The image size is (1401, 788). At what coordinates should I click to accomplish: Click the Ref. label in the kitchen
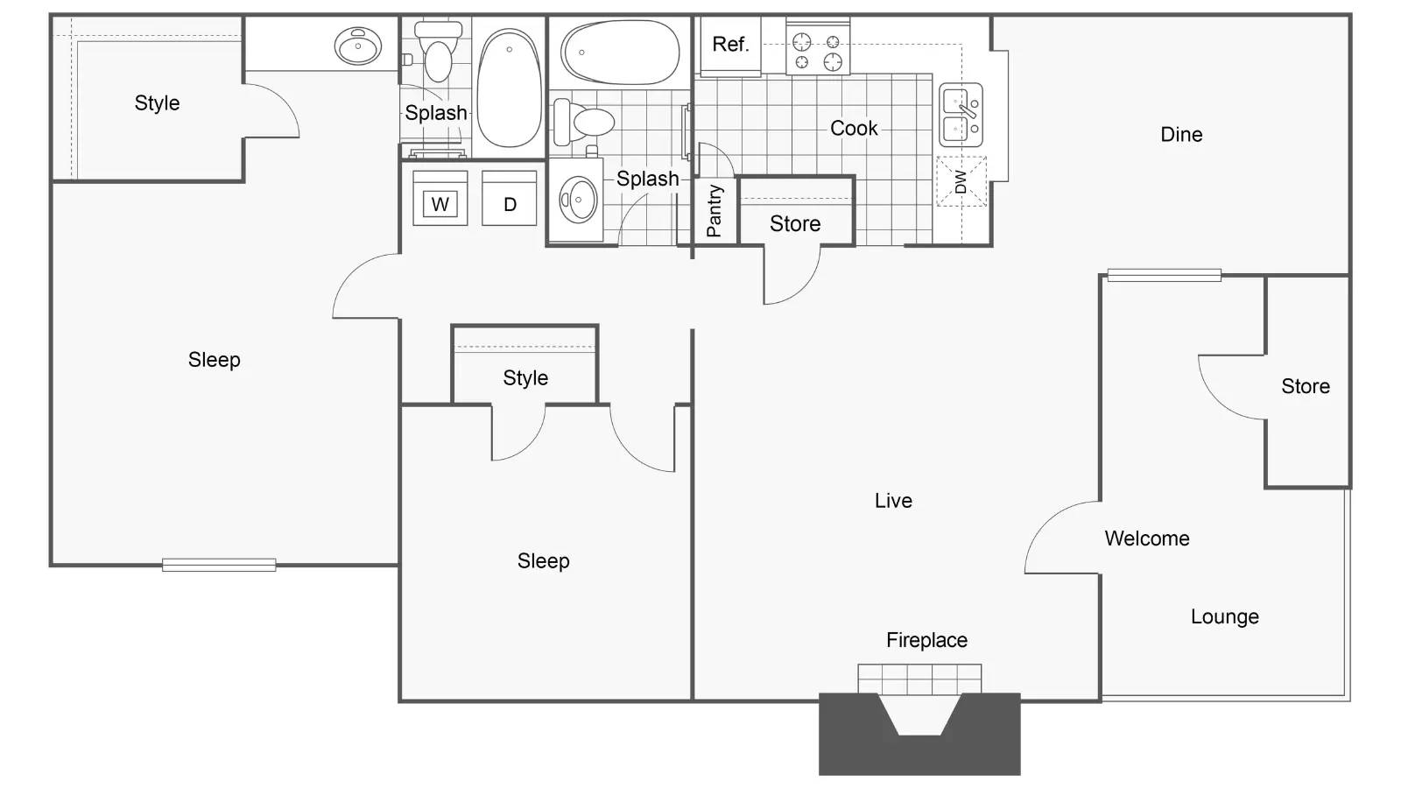729,44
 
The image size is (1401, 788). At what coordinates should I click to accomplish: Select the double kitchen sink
961,115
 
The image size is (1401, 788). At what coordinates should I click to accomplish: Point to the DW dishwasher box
961,182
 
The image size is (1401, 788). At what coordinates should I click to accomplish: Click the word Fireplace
926,640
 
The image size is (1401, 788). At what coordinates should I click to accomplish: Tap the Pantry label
715,211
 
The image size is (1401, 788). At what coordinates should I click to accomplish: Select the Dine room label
1181,135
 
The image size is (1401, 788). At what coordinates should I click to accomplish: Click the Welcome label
1147,538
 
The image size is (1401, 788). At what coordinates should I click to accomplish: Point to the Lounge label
1224,616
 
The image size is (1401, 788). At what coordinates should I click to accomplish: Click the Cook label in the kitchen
854,129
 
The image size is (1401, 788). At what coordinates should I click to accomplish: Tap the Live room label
893,501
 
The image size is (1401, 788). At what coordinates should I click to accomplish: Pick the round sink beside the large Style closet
359,46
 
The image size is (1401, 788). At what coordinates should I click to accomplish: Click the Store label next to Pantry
795,224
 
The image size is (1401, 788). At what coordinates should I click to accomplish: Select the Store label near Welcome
1306,386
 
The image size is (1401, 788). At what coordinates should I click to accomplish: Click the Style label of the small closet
525,378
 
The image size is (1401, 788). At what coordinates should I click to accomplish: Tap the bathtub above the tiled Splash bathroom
620,53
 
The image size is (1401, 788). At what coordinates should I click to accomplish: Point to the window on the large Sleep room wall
219,565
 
